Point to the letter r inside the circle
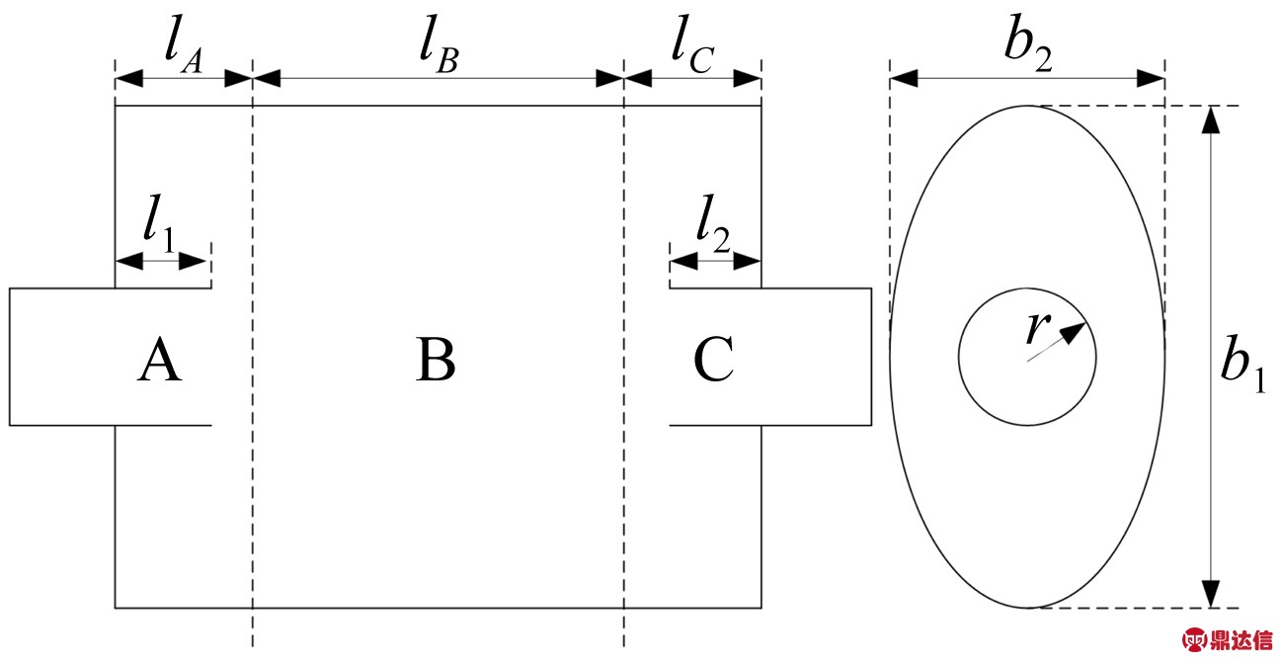(1034, 326)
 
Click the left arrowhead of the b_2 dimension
(904, 78)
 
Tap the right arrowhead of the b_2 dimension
(1152, 78)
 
